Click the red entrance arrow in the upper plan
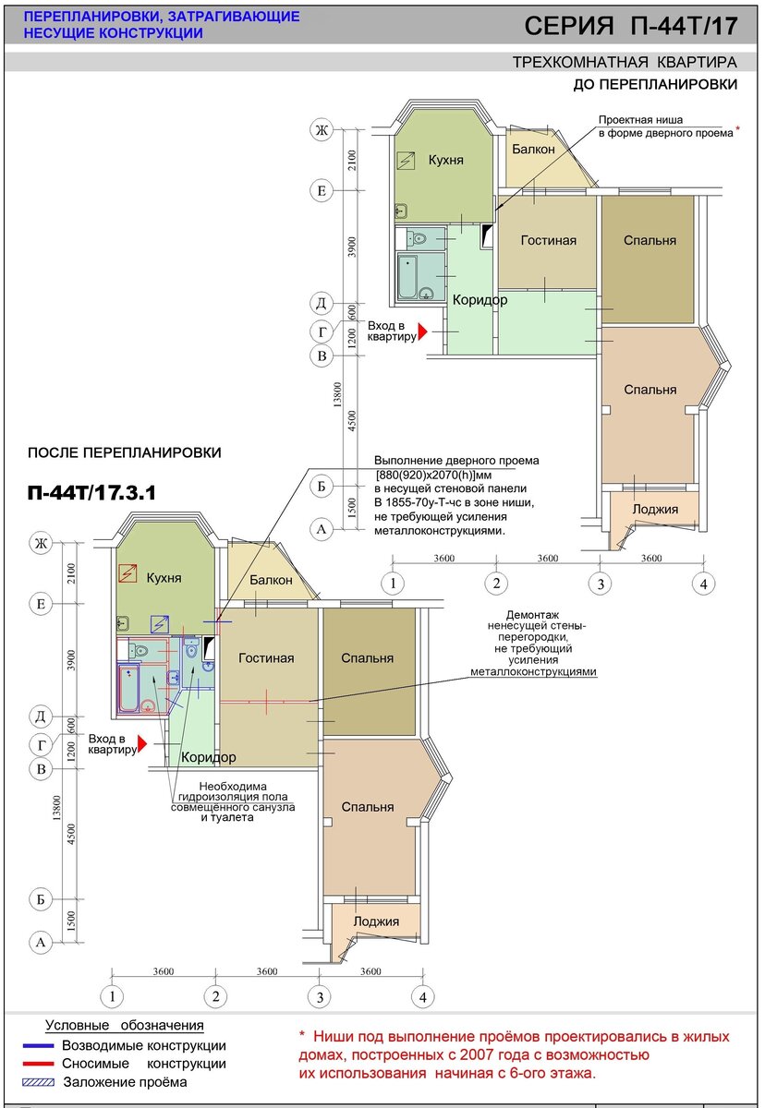tap(422, 331)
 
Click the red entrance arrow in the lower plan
tap(142, 744)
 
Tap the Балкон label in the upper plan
tap(533, 149)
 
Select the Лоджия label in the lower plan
tap(376, 921)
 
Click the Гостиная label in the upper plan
tap(548, 240)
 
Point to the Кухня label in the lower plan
tap(164, 578)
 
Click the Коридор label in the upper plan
tap(480, 300)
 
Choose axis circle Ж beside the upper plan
tap(322, 130)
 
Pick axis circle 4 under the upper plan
tap(703, 584)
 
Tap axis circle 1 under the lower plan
tap(113, 996)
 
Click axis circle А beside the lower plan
tap(41, 943)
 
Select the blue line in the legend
tap(38, 1045)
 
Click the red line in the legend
tap(38, 1064)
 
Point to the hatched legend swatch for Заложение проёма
tap(38, 1082)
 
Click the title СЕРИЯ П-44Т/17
tap(631, 26)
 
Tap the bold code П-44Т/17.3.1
tap(91, 493)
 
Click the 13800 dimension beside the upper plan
tap(337, 394)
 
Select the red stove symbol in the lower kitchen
tap(127, 572)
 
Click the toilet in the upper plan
tap(417, 238)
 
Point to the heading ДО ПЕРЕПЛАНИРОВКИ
tap(655, 85)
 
